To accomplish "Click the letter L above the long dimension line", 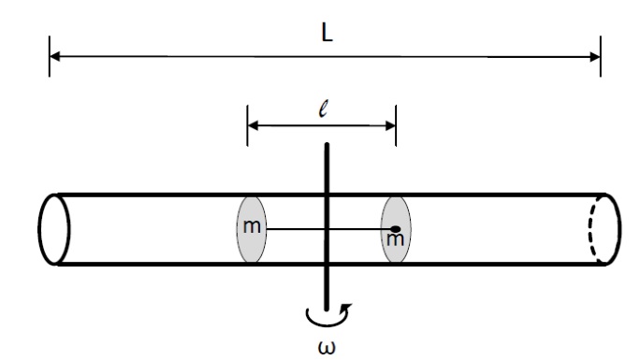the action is (x=327, y=34).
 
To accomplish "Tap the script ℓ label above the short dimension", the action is (x=324, y=109).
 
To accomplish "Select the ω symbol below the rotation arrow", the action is (x=327, y=347).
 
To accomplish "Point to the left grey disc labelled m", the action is (x=252, y=229).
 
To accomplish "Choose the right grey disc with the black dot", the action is (x=396, y=229).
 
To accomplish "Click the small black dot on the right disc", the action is (x=395, y=229).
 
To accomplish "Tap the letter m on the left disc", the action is (x=252, y=226).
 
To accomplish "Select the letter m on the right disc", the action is (x=395, y=239).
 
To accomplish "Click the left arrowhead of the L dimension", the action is (x=55, y=56).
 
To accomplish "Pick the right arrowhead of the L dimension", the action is (x=595, y=57).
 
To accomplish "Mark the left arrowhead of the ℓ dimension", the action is (x=253, y=125).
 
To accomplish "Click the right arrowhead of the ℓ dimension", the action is (x=390, y=126).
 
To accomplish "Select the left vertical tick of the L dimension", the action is (x=50, y=56).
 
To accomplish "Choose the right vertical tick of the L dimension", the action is (x=601, y=56).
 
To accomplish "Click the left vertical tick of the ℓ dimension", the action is (x=247, y=125).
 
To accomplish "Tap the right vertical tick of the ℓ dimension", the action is (x=396, y=125).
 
